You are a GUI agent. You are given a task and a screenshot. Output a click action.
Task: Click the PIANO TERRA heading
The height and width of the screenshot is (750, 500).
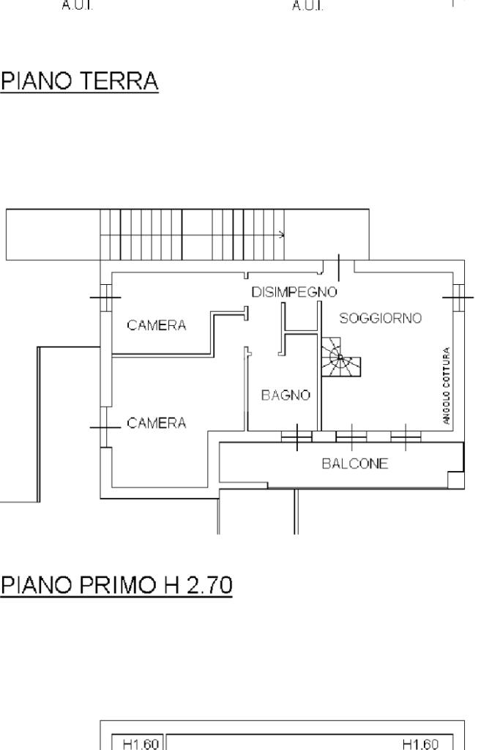(x=79, y=81)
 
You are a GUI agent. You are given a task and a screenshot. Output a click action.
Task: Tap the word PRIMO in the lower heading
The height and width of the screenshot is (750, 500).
(x=117, y=584)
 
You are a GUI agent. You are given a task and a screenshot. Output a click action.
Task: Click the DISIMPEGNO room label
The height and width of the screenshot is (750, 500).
(x=294, y=292)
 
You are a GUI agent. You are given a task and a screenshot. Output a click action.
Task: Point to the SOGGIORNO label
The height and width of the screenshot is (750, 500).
(x=381, y=318)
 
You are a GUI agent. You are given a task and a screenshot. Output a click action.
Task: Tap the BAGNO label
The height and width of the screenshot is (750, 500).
(x=286, y=395)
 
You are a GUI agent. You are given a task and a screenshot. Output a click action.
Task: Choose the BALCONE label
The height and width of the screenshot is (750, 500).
(x=354, y=464)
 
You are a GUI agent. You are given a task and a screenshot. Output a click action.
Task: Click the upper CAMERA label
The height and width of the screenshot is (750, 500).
(x=157, y=325)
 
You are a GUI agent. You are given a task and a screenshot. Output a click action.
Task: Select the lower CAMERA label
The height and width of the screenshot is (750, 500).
(x=157, y=423)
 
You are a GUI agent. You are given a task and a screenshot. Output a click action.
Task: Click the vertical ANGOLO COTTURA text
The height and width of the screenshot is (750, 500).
(x=447, y=385)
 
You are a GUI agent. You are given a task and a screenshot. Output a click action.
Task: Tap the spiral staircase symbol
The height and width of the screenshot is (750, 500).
(x=340, y=357)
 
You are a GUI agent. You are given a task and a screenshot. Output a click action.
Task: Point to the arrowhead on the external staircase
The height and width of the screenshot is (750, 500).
(x=282, y=235)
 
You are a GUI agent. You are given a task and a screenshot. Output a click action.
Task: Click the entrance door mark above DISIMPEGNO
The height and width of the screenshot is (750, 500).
(x=339, y=268)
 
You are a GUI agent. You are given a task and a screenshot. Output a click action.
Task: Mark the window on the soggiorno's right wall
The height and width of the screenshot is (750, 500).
(x=458, y=297)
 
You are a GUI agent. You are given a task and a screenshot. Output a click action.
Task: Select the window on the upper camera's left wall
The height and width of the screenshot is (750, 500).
(x=105, y=297)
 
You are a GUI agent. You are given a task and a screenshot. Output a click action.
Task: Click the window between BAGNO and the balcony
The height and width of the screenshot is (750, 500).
(x=296, y=437)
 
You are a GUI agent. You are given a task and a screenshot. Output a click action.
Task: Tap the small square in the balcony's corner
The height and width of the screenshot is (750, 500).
(x=455, y=480)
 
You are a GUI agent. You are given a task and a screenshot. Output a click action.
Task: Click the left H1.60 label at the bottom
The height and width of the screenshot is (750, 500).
(x=141, y=744)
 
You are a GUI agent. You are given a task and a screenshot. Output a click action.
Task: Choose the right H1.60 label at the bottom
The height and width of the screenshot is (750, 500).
(x=420, y=744)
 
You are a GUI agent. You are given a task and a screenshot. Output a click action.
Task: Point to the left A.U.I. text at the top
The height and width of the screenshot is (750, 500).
(x=77, y=6)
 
